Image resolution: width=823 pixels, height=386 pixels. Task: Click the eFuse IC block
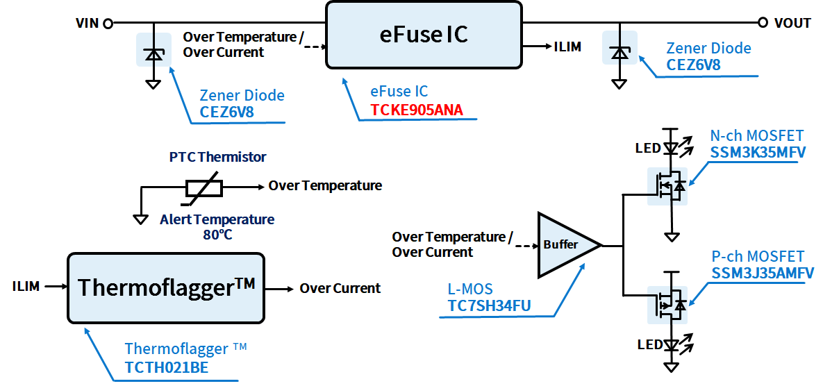coord(424,35)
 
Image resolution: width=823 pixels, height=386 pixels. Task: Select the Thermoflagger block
coord(166,287)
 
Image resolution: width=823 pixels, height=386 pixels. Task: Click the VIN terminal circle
coord(108,24)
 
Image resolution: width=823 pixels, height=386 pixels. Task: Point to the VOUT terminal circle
coord(762,23)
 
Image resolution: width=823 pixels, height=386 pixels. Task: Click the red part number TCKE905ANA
coord(417,110)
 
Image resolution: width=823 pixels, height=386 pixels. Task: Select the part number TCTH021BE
coord(167,368)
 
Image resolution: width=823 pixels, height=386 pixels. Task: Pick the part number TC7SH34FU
coord(490,305)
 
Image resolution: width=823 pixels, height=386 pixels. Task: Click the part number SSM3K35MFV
coord(758,152)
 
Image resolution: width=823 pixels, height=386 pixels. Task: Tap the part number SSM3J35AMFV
coord(763,273)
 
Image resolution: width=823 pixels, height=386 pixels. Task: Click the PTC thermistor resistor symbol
coord(203,187)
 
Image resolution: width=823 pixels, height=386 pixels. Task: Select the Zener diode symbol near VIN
coord(153,55)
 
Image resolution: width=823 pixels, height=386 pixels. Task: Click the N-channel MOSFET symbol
coord(667,186)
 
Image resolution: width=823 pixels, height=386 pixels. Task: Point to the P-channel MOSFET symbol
coord(667,304)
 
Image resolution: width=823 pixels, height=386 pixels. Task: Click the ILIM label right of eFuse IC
coord(567,47)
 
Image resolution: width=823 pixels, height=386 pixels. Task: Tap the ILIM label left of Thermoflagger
coord(26,286)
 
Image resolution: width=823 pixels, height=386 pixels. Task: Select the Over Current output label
coord(340,288)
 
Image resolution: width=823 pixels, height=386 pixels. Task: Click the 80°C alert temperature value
coord(217,234)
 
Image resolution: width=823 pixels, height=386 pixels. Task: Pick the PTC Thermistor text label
coord(217,157)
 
